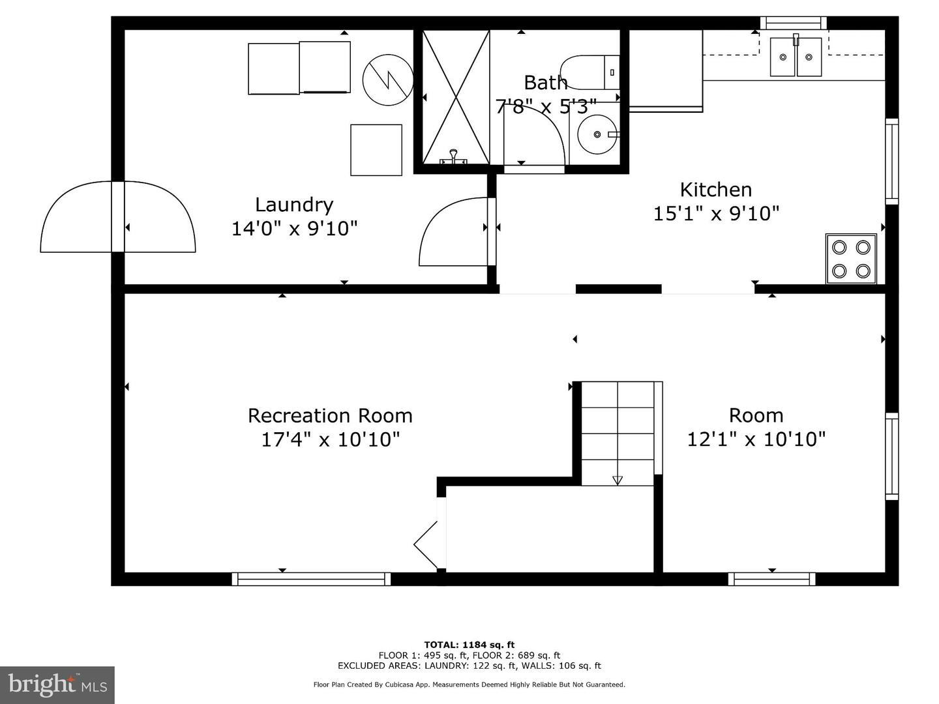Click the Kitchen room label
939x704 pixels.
716,189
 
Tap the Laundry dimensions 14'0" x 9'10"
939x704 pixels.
294,228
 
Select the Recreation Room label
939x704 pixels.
330,415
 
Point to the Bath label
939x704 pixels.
545,83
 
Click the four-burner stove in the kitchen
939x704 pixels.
851,259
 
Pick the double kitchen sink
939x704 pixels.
796,57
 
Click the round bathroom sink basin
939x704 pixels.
597,134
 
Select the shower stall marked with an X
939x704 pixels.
456,97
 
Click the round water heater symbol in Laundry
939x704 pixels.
387,80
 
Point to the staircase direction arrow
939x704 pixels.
618,480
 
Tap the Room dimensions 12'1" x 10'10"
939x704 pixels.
756,439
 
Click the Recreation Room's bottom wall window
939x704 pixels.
311,579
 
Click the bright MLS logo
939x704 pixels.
57,684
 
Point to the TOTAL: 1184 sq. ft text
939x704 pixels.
469,645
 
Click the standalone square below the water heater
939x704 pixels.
376,150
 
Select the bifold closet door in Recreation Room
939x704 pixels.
426,544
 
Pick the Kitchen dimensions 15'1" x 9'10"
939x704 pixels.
716,213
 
